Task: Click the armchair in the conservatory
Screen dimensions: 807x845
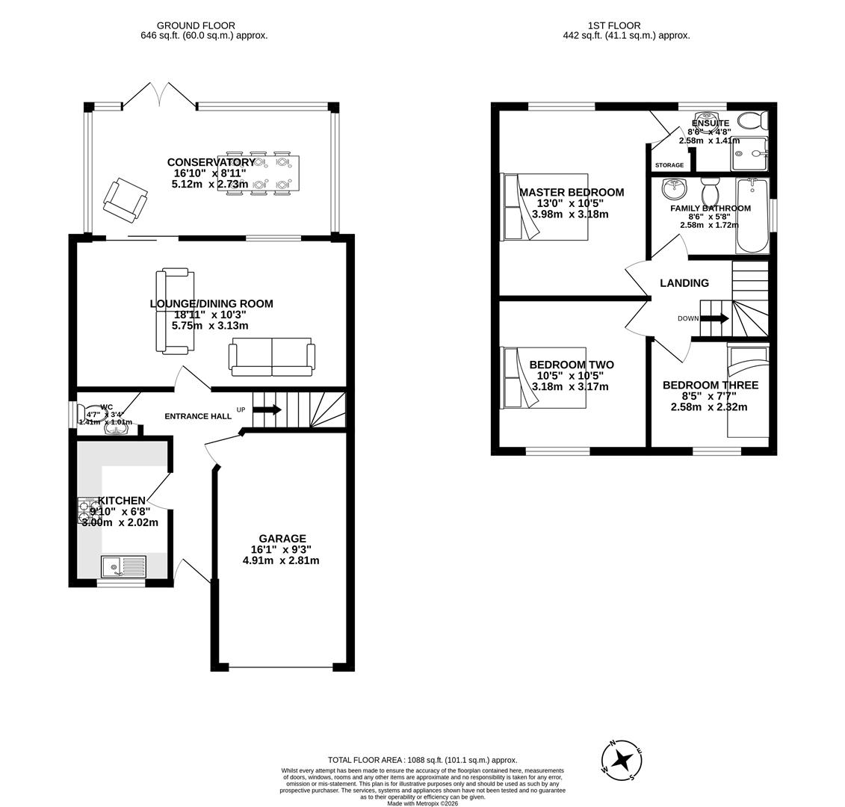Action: (126, 200)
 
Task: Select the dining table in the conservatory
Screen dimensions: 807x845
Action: (259, 173)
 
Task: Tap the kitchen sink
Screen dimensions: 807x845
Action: (123, 567)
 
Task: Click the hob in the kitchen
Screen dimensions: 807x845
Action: (90, 512)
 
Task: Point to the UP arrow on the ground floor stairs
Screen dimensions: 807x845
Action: (267, 409)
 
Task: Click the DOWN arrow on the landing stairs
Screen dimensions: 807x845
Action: (714, 318)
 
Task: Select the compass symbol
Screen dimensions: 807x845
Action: (622, 761)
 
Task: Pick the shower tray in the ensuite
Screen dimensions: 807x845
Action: (749, 154)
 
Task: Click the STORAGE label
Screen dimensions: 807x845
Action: (669, 165)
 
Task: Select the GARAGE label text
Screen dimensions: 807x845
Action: (282, 538)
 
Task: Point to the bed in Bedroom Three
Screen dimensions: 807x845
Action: (748, 392)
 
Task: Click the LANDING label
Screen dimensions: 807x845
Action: (684, 283)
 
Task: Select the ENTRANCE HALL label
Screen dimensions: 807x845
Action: (198, 416)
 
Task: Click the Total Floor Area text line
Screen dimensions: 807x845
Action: (422, 760)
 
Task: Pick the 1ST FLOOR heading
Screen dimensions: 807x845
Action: (613, 25)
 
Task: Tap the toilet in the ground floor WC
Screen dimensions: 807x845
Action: (96, 412)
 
